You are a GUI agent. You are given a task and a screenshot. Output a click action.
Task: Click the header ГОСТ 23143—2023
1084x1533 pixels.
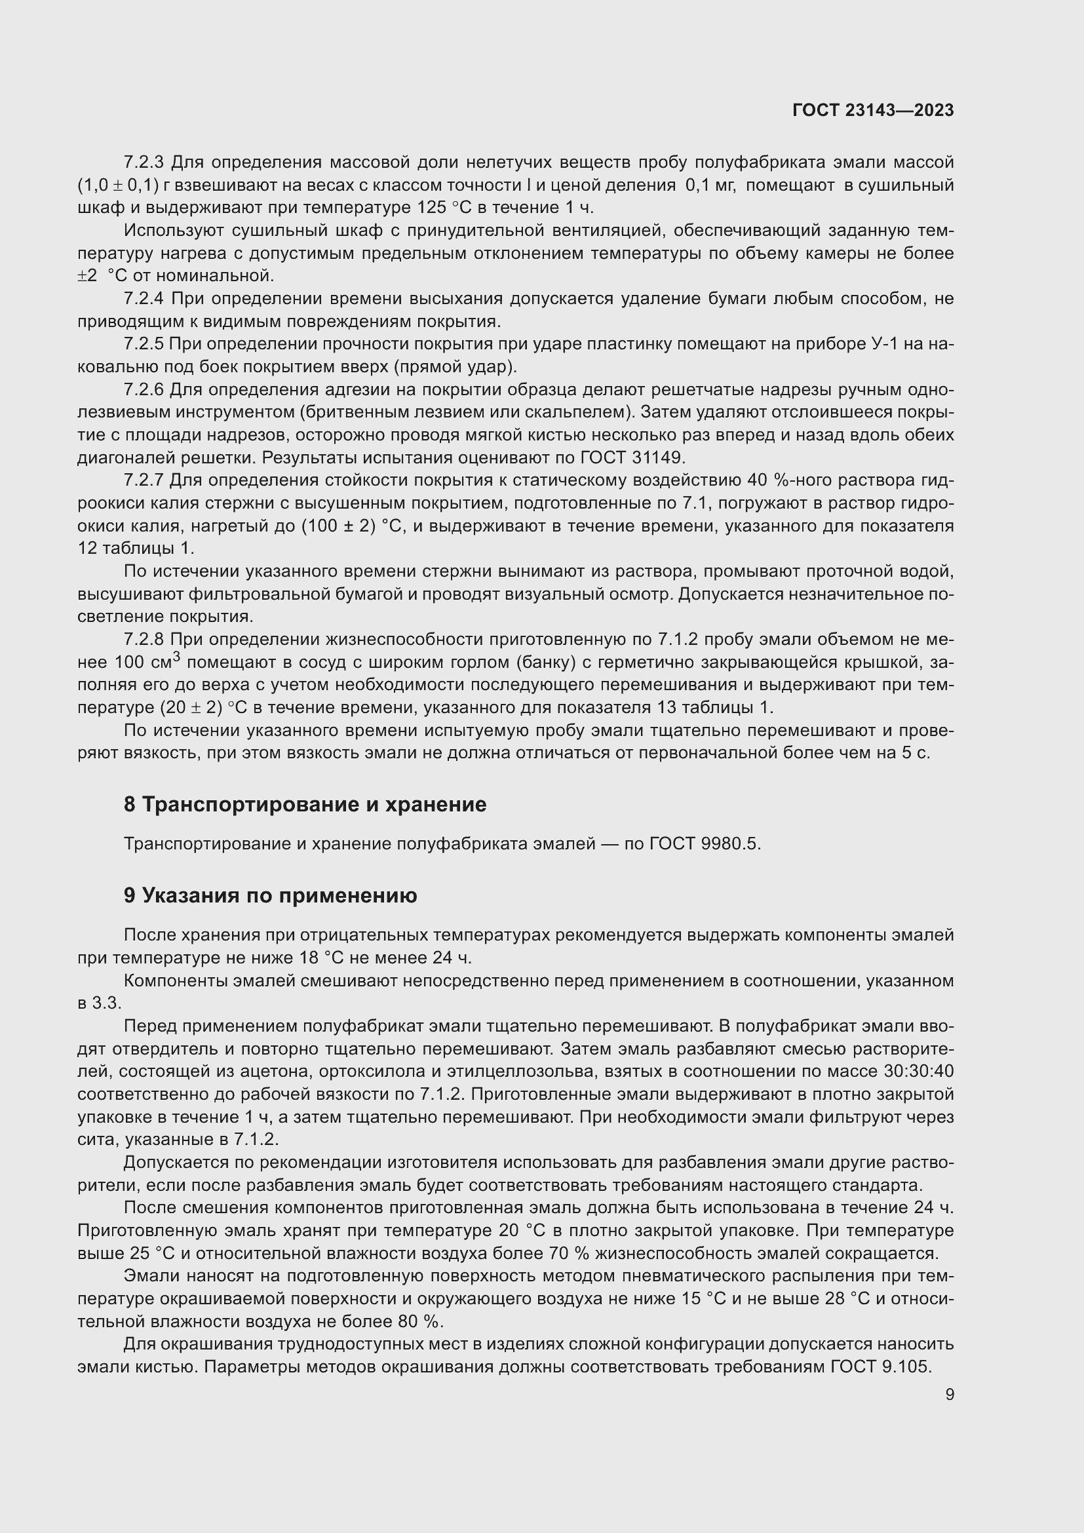873,111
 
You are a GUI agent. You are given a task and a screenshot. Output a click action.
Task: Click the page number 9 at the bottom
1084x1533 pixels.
949,1395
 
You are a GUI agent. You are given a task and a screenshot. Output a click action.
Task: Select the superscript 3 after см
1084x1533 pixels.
176,657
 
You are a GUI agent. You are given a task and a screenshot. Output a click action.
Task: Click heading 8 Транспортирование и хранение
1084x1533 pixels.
304,805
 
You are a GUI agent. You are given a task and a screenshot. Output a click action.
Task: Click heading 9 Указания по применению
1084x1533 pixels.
270,895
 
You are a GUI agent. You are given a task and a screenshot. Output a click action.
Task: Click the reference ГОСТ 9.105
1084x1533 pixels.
880,1367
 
